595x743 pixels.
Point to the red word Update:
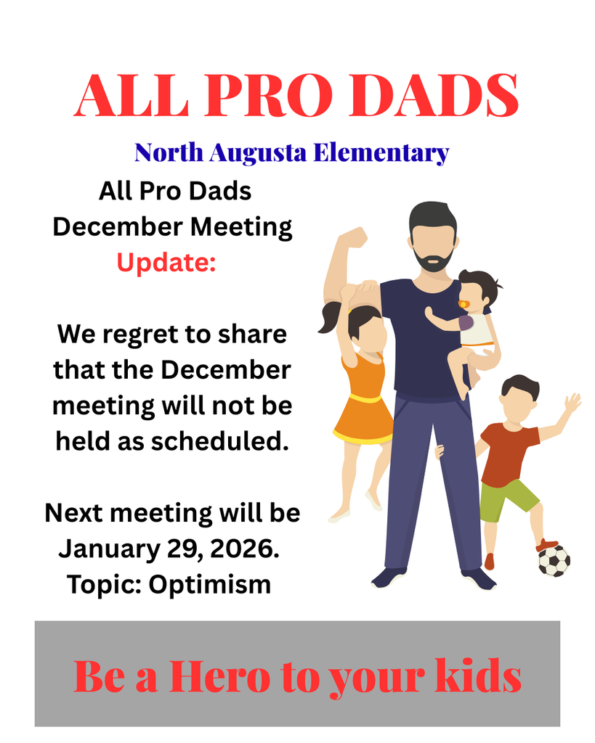point(167,262)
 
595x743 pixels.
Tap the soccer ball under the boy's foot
point(554,560)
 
